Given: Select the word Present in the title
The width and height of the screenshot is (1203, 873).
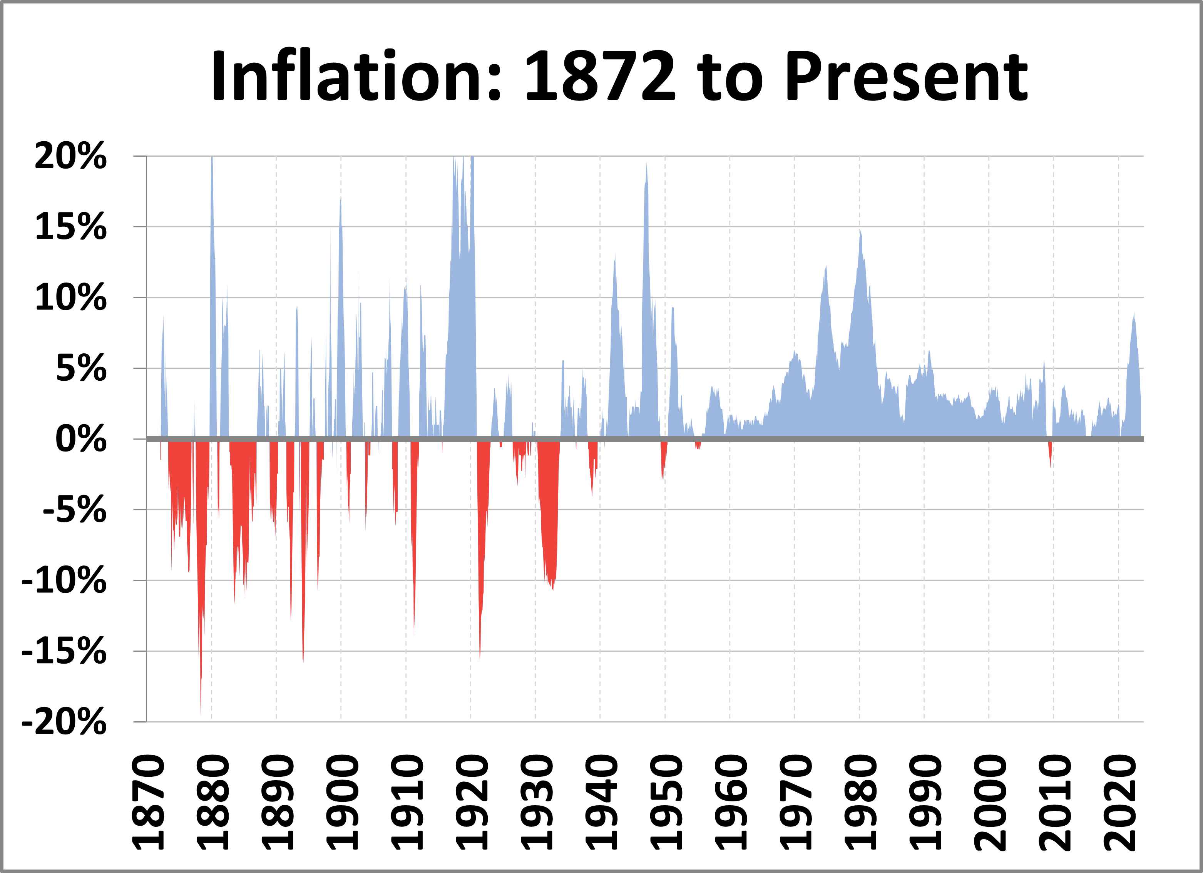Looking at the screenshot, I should tap(907, 76).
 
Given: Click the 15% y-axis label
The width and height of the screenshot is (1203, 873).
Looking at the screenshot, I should tap(70, 227).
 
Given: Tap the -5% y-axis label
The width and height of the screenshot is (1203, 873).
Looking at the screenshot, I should tap(75, 510).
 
